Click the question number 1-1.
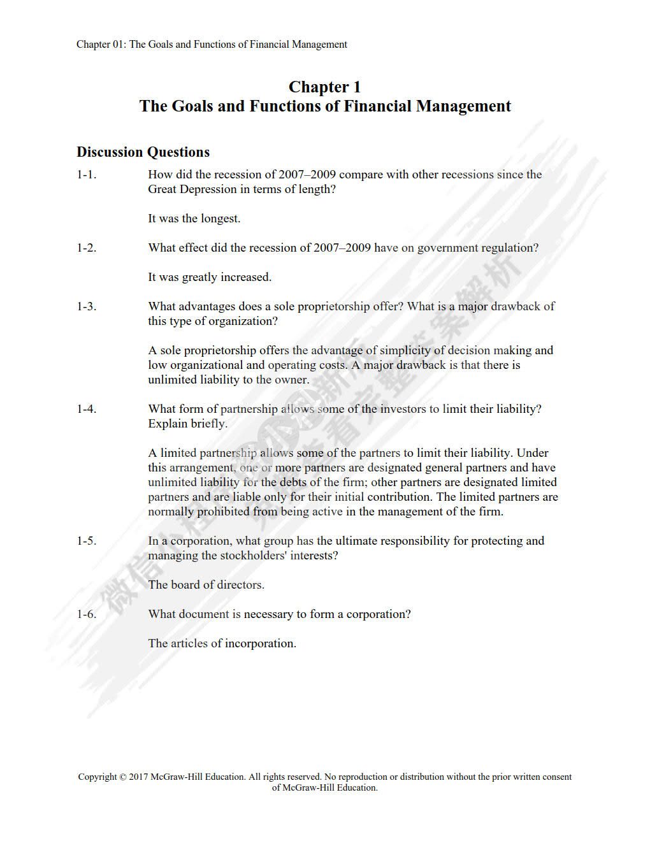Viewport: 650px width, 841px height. (x=87, y=175)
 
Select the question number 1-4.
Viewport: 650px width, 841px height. (x=87, y=409)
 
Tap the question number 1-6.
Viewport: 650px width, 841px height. (x=87, y=614)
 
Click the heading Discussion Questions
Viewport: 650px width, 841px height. (x=143, y=152)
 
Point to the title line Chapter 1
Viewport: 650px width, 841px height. (x=324, y=87)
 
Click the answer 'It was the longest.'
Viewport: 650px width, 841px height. (x=194, y=219)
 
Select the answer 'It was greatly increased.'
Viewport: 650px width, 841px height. (x=210, y=277)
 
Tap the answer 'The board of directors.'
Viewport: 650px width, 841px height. (x=206, y=585)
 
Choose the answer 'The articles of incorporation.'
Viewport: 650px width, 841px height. (x=222, y=643)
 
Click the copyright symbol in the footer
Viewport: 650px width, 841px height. (x=122, y=777)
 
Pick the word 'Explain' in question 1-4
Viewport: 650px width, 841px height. (x=167, y=424)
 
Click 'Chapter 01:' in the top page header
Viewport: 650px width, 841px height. (x=101, y=45)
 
